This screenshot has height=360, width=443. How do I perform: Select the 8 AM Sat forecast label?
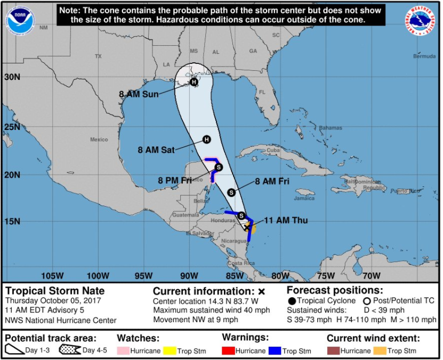tap(156, 150)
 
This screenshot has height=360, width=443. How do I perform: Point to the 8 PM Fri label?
tap(174, 181)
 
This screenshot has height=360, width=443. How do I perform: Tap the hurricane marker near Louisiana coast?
tap(194, 82)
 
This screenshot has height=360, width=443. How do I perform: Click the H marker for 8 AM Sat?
tap(207, 140)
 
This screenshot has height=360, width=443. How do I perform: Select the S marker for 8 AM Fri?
tap(231, 192)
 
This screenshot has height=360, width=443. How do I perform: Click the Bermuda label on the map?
tap(424, 56)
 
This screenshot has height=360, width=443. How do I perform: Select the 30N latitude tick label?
tap(12, 76)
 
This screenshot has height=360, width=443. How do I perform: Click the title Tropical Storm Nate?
tap(55, 291)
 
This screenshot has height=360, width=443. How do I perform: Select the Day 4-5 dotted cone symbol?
tap(69, 350)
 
